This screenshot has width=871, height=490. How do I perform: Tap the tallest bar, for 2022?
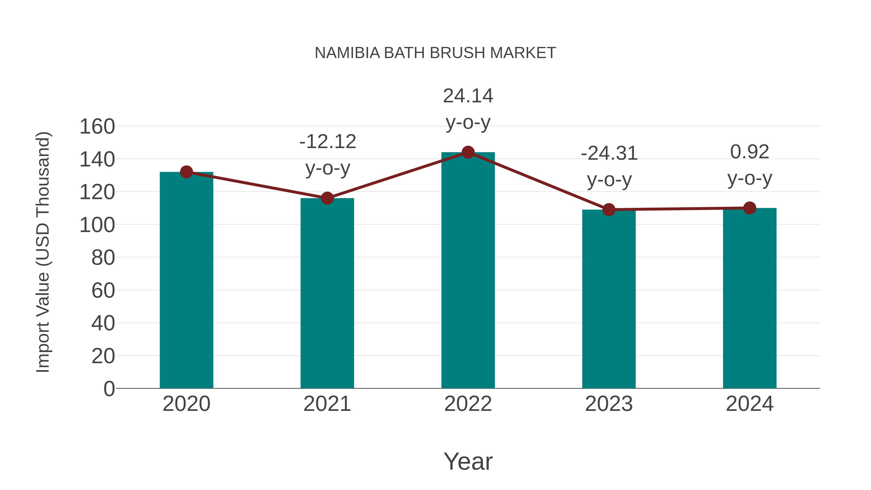(x=468, y=270)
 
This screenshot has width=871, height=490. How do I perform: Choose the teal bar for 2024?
(x=750, y=298)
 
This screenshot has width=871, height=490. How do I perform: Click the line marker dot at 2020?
(x=186, y=172)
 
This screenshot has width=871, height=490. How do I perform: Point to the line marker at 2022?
(x=468, y=152)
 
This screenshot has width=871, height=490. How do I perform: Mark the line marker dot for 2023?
(x=609, y=210)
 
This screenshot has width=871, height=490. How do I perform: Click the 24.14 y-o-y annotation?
(x=468, y=109)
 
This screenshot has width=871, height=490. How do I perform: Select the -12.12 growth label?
(x=328, y=155)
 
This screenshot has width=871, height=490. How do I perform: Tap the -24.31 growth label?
(x=609, y=166)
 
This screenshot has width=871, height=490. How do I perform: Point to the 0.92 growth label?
(x=750, y=165)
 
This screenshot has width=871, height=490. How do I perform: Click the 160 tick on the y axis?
(x=97, y=127)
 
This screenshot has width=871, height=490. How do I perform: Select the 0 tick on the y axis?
(x=109, y=389)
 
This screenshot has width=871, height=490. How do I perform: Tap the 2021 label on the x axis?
(x=327, y=404)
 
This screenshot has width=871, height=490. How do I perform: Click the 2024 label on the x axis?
(x=750, y=404)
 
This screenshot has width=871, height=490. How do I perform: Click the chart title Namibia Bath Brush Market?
(x=435, y=53)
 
